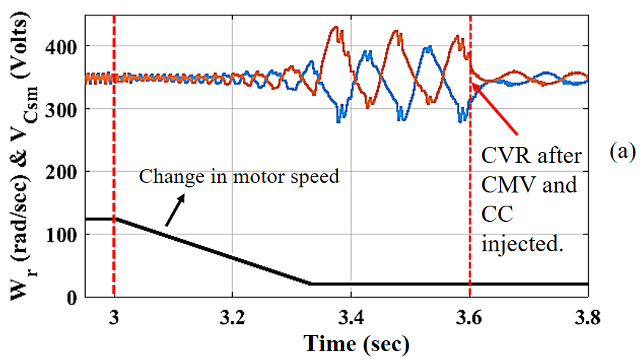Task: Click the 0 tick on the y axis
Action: tap(71, 298)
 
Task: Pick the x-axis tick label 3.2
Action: tap(232, 318)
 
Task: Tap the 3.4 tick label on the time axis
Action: tap(351, 318)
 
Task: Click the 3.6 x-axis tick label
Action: tap(469, 318)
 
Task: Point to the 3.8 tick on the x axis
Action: tap(588, 318)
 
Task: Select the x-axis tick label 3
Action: tap(114, 318)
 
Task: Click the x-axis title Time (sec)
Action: tap(356, 343)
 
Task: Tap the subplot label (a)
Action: tap(623, 151)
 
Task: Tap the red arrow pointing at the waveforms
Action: tap(494, 109)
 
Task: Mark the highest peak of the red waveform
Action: tap(336, 27)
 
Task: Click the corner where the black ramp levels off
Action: tap(311, 284)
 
